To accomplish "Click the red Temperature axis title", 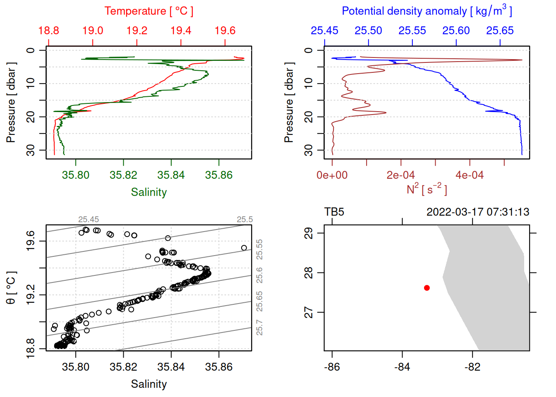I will tap(149, 11).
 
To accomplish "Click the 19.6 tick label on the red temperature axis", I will tap(225, 31).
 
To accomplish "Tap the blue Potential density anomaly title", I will tap(427, 11).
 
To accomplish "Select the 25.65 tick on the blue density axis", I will tap(500, 31).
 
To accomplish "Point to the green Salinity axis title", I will tap(149, 192).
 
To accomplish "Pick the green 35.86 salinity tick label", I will tap(218, 175).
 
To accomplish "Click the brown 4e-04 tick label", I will tap(469, 175).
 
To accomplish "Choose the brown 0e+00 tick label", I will tap(332, 175).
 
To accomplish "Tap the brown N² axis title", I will tap(427, 189).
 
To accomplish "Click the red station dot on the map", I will tap(427, 288).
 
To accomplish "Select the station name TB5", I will tap(334, 212).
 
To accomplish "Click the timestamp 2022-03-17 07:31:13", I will tap(478, 212).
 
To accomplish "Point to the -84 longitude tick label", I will tap(402, 367).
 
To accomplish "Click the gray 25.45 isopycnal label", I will tap(89, 220).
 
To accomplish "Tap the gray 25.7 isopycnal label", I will tap(259, 328).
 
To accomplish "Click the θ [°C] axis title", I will tap(11, 288).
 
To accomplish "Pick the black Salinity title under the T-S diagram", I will tap(149, 384).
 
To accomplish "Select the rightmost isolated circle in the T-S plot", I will tap(244, 248).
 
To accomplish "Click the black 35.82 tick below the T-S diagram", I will tap(123, 367).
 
